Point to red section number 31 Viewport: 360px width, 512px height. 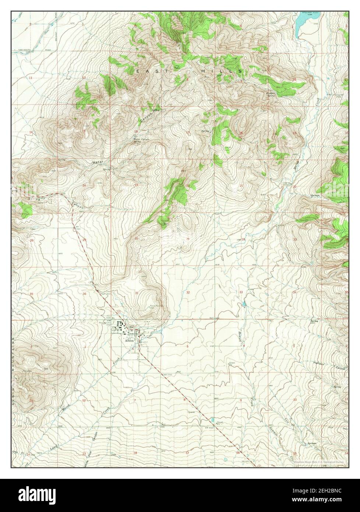click(137, 293)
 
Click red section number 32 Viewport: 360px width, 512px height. click(188, 292)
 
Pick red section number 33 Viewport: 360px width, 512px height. click(241, 292)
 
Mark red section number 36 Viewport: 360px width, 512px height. click(84, 294)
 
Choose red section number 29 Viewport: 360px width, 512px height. click(188, 239)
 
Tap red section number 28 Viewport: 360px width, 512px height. click(243, 239)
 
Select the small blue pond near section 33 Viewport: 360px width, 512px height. click(243, 305)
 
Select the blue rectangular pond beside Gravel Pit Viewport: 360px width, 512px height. click(213, 420)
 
